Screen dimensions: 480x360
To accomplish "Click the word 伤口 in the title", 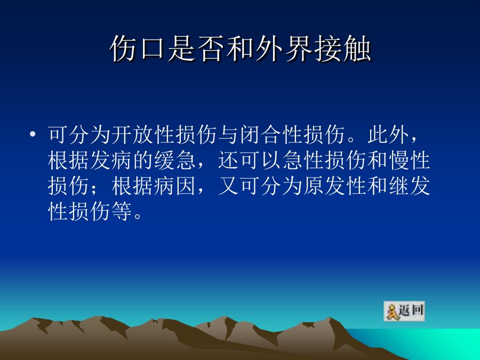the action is [138, 49].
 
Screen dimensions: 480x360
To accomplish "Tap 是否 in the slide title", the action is [196, 49].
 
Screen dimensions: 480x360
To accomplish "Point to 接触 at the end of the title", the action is [342, 49].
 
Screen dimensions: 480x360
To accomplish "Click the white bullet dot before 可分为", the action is [33, 134].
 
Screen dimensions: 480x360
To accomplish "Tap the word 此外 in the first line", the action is [389, 134].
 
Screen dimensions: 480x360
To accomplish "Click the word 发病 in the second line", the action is [111, 160].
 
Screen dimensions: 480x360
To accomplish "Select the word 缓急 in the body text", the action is [175, 160].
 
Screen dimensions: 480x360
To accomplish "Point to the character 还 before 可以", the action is [229, 160].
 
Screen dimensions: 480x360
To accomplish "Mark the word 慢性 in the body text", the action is [410, 160].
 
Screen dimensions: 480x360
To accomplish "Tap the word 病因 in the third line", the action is [175, 186].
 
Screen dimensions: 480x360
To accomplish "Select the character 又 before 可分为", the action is [229, 186].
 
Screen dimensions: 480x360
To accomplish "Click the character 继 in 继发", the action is [399, 186].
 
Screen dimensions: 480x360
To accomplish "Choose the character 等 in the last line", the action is [122, 212].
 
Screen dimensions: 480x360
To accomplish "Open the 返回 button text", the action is [411, 310].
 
